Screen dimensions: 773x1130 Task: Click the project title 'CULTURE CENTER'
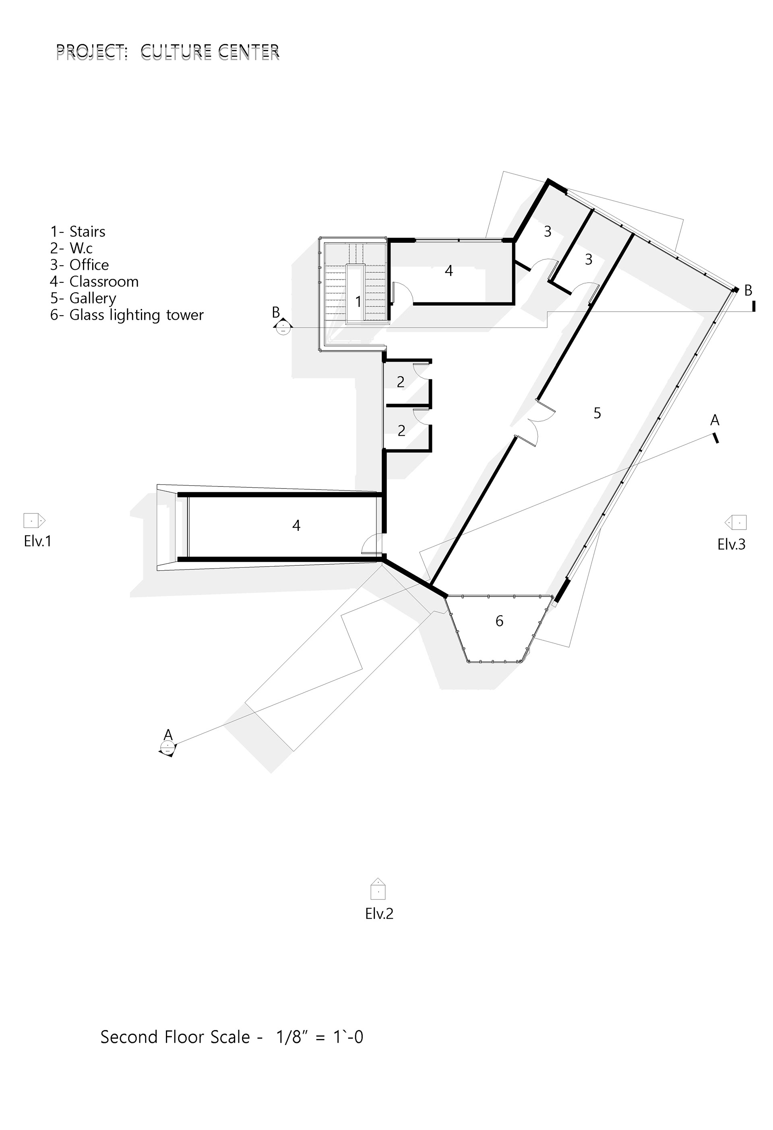click(x=210, y=51)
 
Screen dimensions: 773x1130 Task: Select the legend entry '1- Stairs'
click(x=78, y=232)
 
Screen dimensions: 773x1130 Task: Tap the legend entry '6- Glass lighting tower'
click(x=127, y=315)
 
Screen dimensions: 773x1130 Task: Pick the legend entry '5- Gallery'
click(x=83, y=298)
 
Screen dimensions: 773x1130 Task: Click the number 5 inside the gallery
click(x=597, y=413)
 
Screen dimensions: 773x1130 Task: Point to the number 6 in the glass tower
click(x=499, y=621)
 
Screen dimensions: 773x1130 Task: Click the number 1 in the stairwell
click(x=358, y=302)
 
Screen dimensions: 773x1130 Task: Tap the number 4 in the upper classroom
click(x=449, y=271)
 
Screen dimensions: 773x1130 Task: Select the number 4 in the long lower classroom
click(x=296, y=525)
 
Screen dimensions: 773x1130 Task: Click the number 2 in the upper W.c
click(x=401, y=382)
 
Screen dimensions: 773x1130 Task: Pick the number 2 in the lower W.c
click(x=401, y=430)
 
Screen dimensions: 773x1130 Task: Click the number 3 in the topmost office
click(x=548, y=232)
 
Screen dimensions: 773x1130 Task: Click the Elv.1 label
click(x=37, y=541)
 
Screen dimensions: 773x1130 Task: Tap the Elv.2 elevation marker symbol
click(x=378, y=888)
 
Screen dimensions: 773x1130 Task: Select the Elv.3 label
click(x=731, y=544)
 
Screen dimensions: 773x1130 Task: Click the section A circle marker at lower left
click(x=167, y=747)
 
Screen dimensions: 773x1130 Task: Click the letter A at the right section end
click(x=715, y=420)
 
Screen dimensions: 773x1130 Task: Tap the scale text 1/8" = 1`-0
click(x=319, y=1037)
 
